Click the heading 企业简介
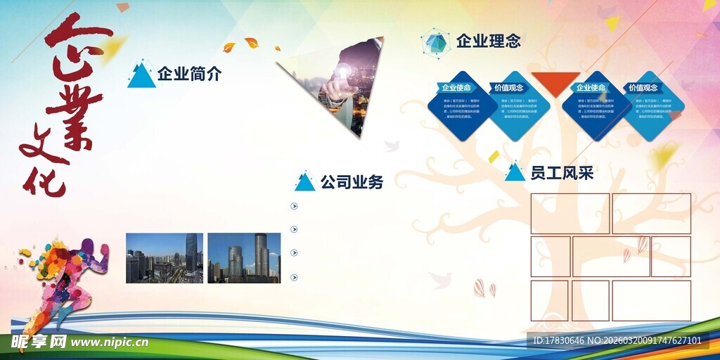189,73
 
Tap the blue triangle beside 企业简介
142,77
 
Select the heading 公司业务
352,182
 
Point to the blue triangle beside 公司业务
304,183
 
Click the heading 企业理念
488,41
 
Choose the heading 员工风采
562,172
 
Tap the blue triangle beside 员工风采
515,173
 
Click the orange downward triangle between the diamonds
555,83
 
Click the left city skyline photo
165,258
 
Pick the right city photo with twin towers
244,258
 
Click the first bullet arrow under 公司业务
294,206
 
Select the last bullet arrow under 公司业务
294,277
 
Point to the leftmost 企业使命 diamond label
456,88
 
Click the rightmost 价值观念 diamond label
643,88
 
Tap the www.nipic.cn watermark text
110,342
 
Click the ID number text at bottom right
617,341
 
